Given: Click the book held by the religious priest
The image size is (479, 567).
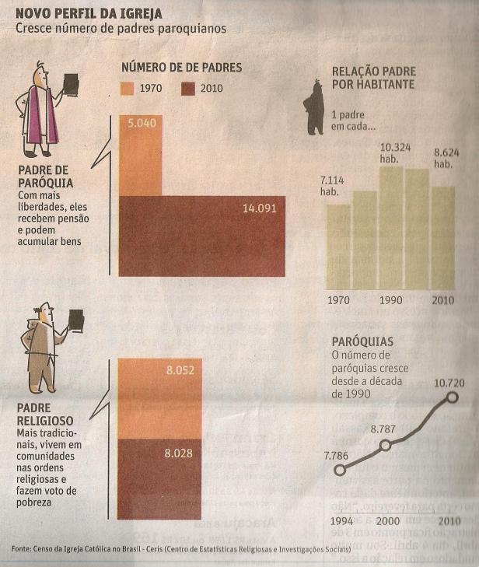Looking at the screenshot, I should [x=76, y=319].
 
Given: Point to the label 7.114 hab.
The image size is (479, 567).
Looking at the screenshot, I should [x=335, y=187].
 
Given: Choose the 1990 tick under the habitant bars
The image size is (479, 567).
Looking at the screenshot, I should [x=390, y=300].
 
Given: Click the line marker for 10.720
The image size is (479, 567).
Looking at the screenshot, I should [x=451, y=398].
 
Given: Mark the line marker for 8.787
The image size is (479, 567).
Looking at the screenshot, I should [x=384, y=446].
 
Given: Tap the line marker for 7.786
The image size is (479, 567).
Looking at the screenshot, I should [x=339, y=470].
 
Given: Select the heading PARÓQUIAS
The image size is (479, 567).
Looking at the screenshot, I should [x=362, y=341].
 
